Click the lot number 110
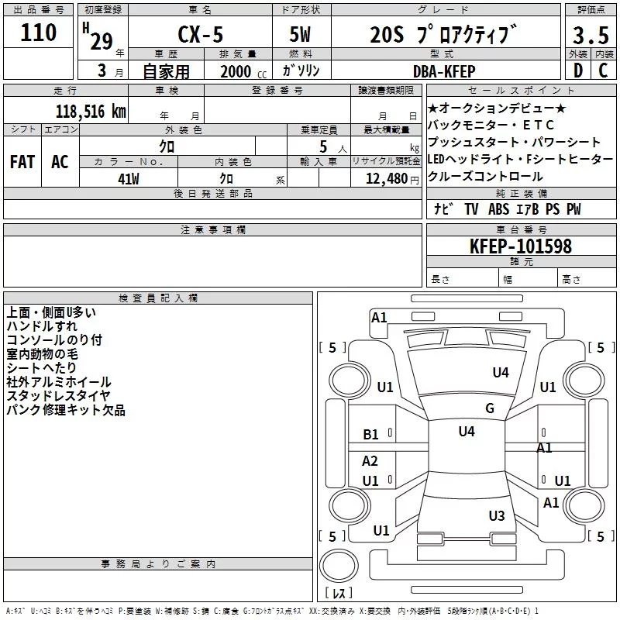[39, 33]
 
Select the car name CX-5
[200, 35]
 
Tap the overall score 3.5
[590, 35]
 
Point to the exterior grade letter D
[577, 71]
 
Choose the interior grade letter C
[603, 71]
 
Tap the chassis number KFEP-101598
[520, 246]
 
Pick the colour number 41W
[129, 178]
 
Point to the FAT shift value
[22, 162]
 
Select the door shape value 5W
[301, 35]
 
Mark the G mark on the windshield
[490, 408]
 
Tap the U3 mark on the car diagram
[497, 516]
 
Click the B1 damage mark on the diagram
[371, 435]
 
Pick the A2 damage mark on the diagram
[370, 461]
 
